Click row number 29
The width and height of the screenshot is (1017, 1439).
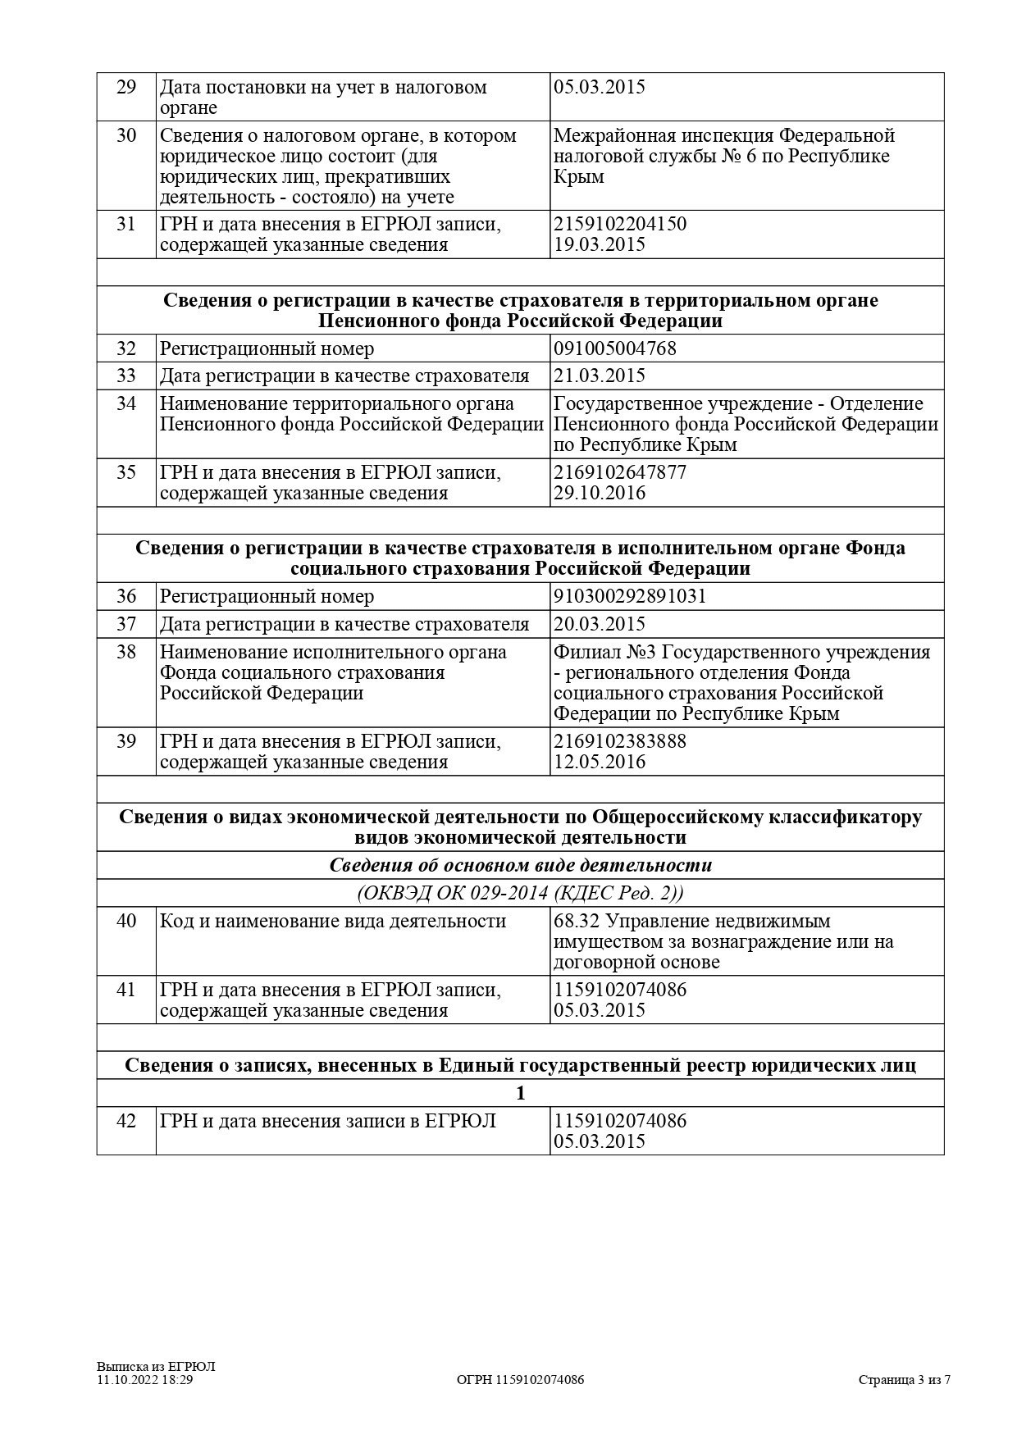click(126, 87)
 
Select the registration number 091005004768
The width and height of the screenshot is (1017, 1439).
click(615, 348)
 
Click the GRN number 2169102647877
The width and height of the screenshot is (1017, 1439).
click(620, 472)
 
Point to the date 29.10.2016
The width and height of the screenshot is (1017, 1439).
click(600, 493)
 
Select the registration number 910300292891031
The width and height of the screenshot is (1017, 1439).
click(630, 596)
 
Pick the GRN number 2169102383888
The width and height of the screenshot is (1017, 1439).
click(620, 741)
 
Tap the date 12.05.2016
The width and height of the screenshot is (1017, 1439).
click(600, 762)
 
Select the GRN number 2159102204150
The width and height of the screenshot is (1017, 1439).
click(620, 224)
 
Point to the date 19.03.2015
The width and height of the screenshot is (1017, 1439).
click(600, 244)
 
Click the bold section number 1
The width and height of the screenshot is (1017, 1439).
click(520, 1093)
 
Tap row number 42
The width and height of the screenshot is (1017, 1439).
click(126, 1121)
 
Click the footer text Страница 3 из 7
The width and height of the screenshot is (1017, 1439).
click(905, 1380)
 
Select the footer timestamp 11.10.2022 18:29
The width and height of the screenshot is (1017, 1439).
click(144, 1380)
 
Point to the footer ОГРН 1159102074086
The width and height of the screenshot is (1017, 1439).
click(520, 1380)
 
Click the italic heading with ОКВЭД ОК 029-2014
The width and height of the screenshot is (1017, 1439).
click(520, 893)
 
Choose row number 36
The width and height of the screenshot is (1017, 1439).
click(126, 596)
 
